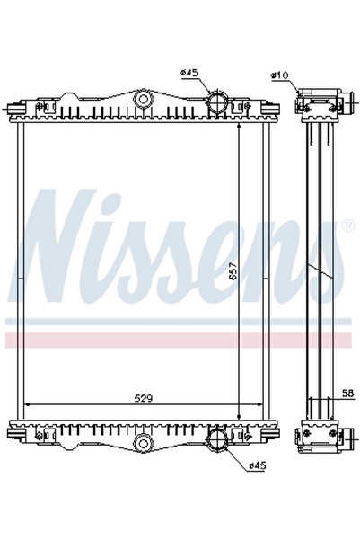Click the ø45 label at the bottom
coord(258,465)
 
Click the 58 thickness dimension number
coord(347,392)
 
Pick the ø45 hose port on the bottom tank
coord(216,440)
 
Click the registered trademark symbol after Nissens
coord(347,225)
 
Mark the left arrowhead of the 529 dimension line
coord(27,404)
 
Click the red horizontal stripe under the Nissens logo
coord(180,339)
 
